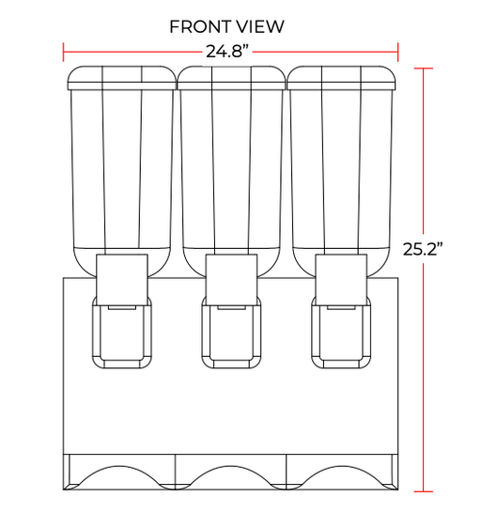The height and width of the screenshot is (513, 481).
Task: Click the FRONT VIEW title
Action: pyautogui.click(x=226, y=26)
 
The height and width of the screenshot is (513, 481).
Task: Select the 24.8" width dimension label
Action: pyautogui.click(x=227, y=51)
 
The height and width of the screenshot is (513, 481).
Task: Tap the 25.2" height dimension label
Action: pyautogui.click(x=423, y=249)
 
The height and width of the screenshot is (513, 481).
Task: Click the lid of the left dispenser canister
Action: pyautogui.click(x=122, y=78)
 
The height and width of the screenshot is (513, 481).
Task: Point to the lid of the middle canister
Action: pyautogui.click(x=231, y=78)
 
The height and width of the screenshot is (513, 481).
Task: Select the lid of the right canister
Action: pyautogui.click(x=341, y=78)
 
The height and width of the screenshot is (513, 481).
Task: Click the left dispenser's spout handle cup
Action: pyautogui.click(x=122, y=332)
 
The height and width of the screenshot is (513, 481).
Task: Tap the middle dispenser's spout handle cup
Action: pyautogui.click(x=231, y=332)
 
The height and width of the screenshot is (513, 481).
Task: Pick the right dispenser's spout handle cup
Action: pyautogui.click(x=341, y=332)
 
